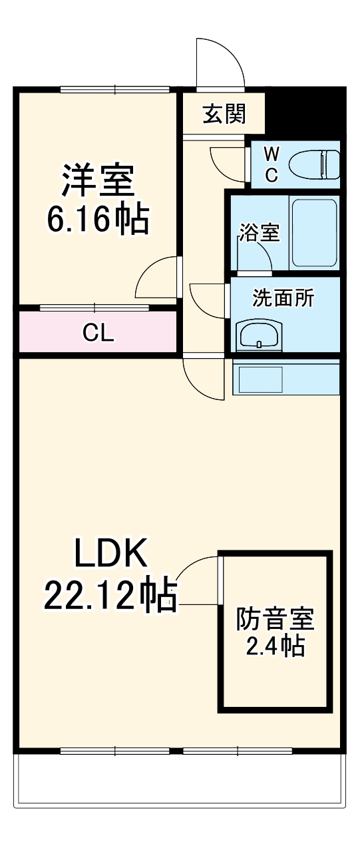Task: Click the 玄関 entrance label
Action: (x=224, y=114)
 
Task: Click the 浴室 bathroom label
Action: (x=259, y=233)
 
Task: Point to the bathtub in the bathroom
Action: (x=313, y=233)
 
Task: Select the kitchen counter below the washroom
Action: (x=285, y=377)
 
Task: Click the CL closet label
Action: (x=98, y=333)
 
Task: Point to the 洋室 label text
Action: (x=98, y=180)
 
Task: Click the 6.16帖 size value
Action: (x=98, y=219)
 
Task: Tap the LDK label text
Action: (x=109, y=553)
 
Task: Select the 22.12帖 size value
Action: (x=110, y=594)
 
